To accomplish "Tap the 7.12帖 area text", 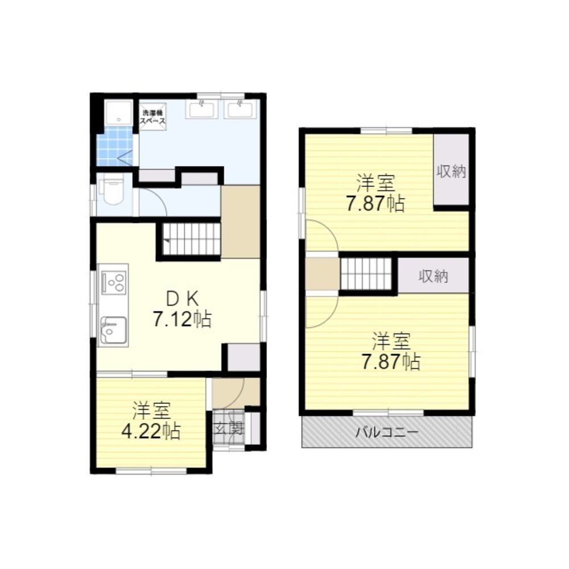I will [x=182, y=319].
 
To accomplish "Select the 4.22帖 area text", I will [x=151, y=431].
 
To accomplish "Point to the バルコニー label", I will [x=387, y=432].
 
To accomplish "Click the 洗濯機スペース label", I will [x=154, y=117].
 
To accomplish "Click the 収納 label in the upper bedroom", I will [x=452, y=171].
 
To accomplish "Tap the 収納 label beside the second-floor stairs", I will [x=434, y=277].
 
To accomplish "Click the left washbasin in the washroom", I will [x=204, y=109].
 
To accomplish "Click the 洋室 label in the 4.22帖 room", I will [x=151, y=410].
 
